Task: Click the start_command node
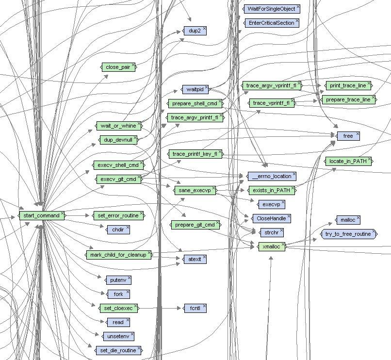(x=41, y=215)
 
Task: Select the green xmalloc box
(x=270, y=246)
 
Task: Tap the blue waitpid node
(x=194, y=89)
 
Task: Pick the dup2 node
(x=194, y=31)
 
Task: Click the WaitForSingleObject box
(x=270, y=9)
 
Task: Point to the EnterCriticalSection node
(x=271, y=23)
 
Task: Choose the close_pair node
(x=118, y=67)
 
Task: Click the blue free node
(x=348, y=136)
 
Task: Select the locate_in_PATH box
(x=348, y=161)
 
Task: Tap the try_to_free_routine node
(x=348, y=234)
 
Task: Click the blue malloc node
(x=347, y=220)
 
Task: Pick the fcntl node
(x=195, y=308)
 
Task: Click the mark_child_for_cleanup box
(x=118, y=255)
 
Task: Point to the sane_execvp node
(x=194, y=190)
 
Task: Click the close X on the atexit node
(x=204, y=257)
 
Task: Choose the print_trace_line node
(x=347, y=86)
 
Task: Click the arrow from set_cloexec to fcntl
(x=160, y=308)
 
